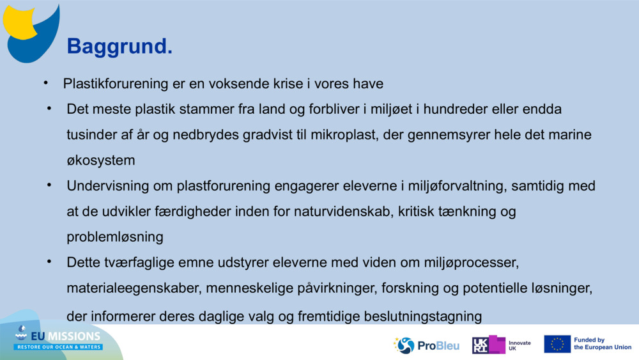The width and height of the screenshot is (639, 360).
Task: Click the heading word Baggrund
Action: (119, 46)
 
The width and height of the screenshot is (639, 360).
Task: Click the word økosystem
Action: (100, 160)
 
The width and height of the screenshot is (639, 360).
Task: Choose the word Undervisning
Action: (105, 186)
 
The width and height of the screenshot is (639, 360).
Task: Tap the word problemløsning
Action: (115, 237)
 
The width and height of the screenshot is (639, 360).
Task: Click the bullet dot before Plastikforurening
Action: (46, 83)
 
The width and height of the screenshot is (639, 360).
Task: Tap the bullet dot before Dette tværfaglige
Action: (49, 262)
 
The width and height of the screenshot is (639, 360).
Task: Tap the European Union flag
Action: (557, 344)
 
